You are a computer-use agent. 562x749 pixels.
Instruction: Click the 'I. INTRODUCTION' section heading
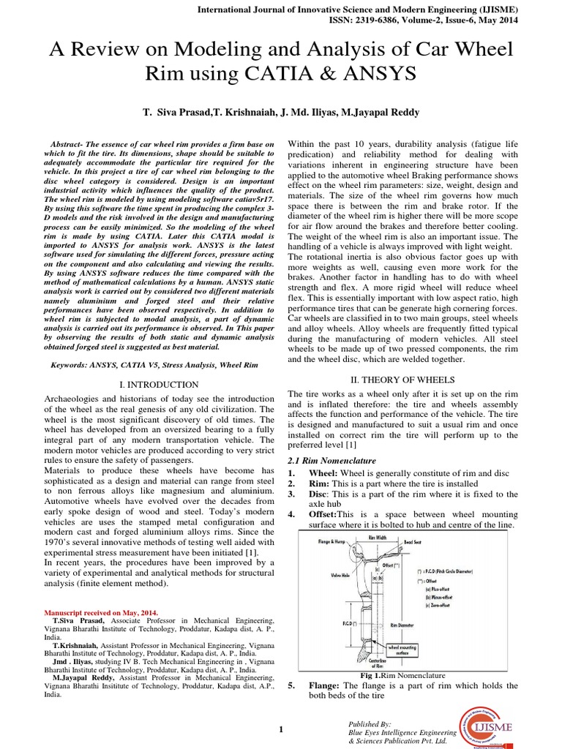158,384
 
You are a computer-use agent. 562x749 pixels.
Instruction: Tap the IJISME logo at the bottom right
495,720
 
